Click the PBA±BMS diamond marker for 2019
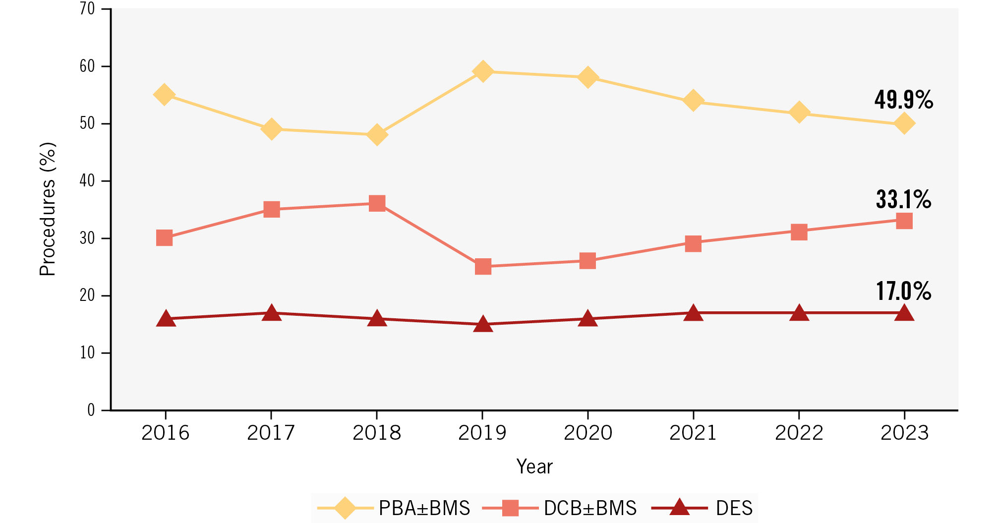tap(482, 71)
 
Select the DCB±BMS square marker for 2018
tap(377, 203)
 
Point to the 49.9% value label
tap(903, 100)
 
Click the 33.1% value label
tap(903, 199)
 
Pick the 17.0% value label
tap(903, 291)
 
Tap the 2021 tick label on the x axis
tap(693, 433)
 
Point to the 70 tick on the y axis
tap(87, 9)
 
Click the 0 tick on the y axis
tap(91, 410)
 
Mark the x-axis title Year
tap(534, 466)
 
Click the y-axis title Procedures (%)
tap(48, 209)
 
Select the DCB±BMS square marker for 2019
tap(482, 267)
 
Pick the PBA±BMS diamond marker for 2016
tap(164, 94)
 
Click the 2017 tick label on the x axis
tap(271, 433)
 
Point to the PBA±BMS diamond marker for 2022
tap(799, 113)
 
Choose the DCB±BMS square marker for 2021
tap(693, 243)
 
